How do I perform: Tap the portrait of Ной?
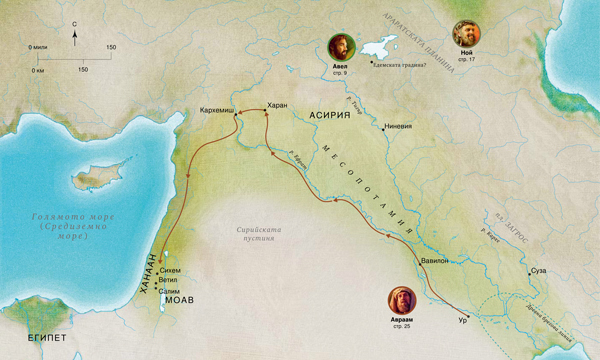[x=466, y=32]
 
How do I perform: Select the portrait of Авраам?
[x=401, y=300]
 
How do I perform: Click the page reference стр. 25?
[x=401, y=327]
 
